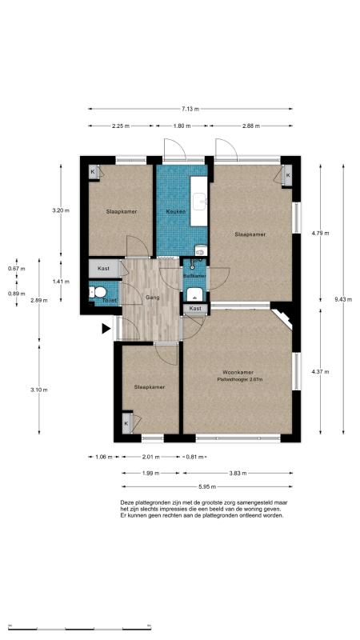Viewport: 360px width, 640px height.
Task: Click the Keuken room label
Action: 175,211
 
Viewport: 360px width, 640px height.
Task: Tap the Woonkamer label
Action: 238,373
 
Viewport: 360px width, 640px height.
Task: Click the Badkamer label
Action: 194,275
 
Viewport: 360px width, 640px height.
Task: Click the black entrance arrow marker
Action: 106,328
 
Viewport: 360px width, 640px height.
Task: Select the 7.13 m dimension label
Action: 190,110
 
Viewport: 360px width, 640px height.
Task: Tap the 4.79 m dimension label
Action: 320,233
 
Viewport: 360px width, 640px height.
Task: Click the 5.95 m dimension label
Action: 210,485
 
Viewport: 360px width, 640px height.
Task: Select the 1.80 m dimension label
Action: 182,126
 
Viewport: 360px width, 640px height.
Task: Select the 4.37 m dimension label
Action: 320,370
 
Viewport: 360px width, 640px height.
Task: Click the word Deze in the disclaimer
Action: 128,502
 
